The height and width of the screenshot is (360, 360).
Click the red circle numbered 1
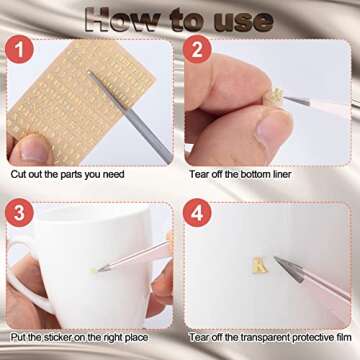pos(19,49)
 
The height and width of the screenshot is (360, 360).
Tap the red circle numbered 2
pos(197,49)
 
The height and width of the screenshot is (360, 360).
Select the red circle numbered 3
pos(19,213)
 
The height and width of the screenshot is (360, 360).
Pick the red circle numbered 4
pos(197,213)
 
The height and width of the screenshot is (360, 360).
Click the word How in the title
pos(122,21)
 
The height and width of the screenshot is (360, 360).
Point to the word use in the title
pos(244,22)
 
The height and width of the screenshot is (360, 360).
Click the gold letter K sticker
pos(260,265)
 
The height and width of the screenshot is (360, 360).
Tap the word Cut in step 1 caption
pos(18,174)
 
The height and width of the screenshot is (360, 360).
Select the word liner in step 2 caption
pos(280,174)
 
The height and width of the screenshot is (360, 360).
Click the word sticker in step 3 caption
pos(60,337)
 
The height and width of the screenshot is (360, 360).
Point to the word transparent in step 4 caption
pos(265,337)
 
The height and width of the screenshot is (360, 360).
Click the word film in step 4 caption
pos(344,337)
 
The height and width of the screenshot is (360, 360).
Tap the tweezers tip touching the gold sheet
pos(89,72)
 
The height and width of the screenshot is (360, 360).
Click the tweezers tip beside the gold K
pos(275,259)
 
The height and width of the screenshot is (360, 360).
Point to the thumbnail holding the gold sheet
pos(32,149)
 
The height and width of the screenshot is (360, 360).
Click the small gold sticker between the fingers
pos(276,95)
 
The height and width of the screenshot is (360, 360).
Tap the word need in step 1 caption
pos(113,174)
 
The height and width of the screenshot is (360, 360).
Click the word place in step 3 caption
pos(136,338)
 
